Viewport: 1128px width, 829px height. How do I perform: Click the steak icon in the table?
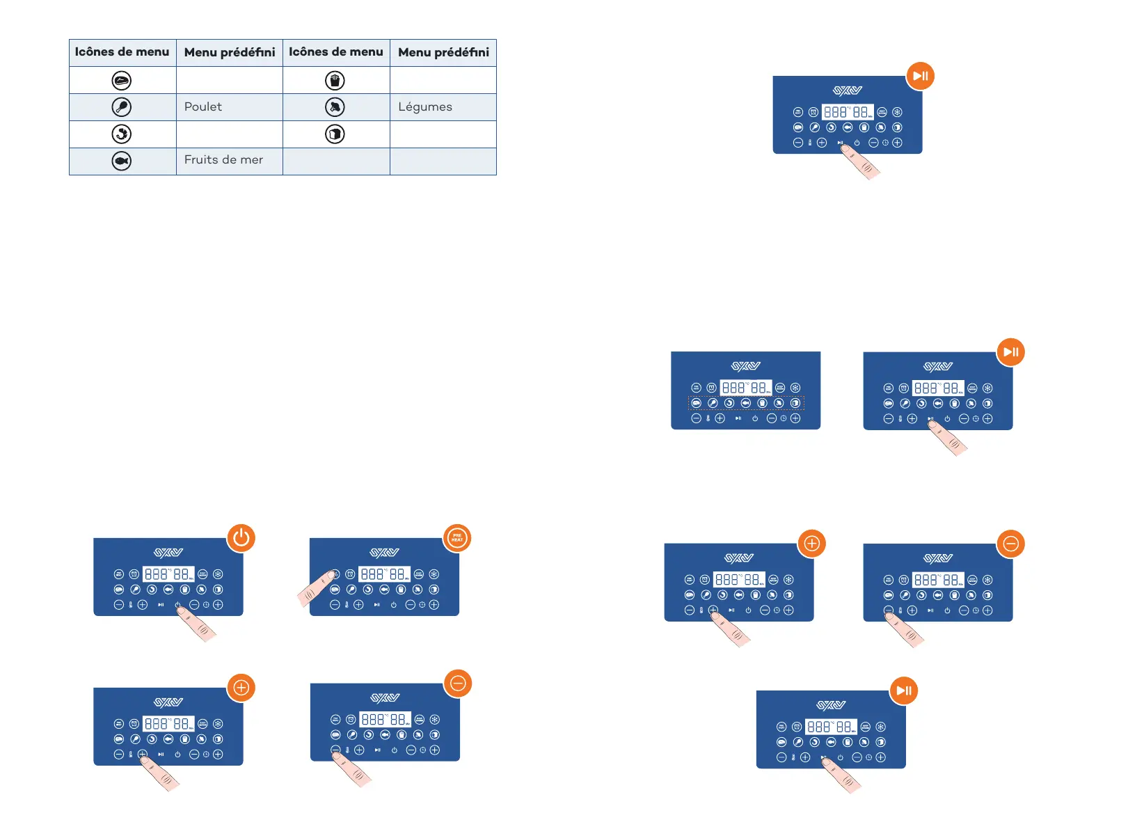point(122,81)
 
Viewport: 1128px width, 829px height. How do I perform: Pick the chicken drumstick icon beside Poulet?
point(122,107)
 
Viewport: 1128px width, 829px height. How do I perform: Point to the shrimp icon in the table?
point(122,134)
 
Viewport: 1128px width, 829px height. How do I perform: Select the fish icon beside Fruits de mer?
point(122,161)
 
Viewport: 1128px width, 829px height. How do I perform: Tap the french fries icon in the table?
point(335,81)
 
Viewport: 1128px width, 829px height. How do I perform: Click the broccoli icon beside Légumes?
point(335,107)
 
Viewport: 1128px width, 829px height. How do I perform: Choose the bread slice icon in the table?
point(335,134)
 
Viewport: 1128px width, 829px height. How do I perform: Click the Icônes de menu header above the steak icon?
point(122,52)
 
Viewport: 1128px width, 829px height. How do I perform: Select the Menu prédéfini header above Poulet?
point(230,52)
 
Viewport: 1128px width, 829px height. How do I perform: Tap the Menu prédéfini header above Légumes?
point(443,52)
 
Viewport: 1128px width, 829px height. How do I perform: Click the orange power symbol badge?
point(241,538)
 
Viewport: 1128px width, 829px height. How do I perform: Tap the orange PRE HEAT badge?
point(457,538)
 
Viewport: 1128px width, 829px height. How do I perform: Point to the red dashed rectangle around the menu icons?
point(746,403)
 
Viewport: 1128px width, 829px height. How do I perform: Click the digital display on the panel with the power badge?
point(168,574)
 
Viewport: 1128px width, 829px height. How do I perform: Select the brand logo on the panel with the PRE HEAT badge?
point(385,553)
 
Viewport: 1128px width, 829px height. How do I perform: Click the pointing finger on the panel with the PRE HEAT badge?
point(314,589)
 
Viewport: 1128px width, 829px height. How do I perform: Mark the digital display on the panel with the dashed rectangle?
point(745,388)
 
